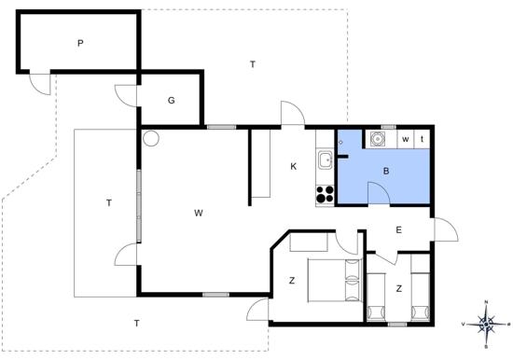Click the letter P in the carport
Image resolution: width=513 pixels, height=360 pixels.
[80, 43]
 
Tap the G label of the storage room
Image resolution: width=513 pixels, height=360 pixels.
[171, 101]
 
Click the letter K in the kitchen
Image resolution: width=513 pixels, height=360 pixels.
[294, 167]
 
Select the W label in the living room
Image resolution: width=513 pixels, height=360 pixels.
[199, 213]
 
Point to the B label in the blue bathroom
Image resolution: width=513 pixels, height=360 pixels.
[386, 171]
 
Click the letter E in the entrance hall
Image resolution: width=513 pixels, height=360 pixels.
[399, 230]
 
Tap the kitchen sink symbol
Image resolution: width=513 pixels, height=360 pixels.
[325, 160]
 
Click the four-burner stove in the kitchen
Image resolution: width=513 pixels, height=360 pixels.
[325, 194]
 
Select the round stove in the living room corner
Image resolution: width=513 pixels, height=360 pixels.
[151, 138]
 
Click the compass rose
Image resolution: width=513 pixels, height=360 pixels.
[487, 324]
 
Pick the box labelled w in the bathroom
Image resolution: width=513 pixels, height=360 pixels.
[406, 139]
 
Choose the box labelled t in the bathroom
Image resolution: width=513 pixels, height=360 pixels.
[422, 139]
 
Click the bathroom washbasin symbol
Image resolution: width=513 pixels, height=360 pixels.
[378, 139]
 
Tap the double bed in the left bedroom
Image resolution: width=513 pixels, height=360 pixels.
[334, 280]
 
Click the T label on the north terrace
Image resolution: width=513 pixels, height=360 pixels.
[253, 64]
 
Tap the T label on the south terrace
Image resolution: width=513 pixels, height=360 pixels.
[137, 324]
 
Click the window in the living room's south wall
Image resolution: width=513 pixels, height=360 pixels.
[216, 295]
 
